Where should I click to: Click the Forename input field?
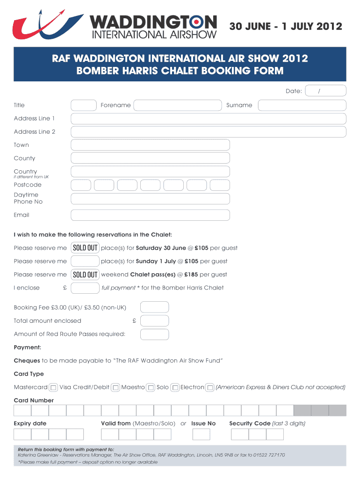[177, 105]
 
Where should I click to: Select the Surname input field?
[302, 105]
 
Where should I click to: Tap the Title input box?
[84, 105]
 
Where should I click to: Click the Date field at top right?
[325, 91]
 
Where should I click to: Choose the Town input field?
[150, 145]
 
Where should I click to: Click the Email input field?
[150, 215]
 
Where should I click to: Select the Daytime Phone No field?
[150, 199]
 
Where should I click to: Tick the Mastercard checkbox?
[54, 388]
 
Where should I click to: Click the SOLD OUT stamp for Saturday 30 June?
[85, 248]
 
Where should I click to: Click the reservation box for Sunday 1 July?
[85, 261]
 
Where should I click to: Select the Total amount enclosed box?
[154, 321]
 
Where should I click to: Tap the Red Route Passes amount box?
[154, 334]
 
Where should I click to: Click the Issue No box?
[201, 434]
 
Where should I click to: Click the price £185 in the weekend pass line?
[191, 275]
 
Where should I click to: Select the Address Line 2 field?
[209, 132]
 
